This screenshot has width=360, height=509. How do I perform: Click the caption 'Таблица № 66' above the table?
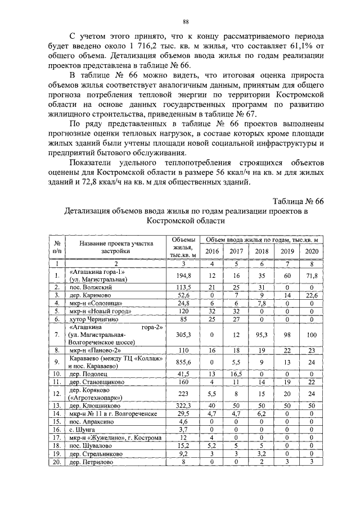[x=298, y=201]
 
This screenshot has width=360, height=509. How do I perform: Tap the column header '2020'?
[x=312, y=251]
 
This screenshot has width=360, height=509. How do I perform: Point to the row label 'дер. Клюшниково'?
[x=94, y=404]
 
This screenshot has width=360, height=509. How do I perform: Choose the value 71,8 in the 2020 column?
[x=312, y=276]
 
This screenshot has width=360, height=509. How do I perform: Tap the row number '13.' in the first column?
[x=57, y=404]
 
